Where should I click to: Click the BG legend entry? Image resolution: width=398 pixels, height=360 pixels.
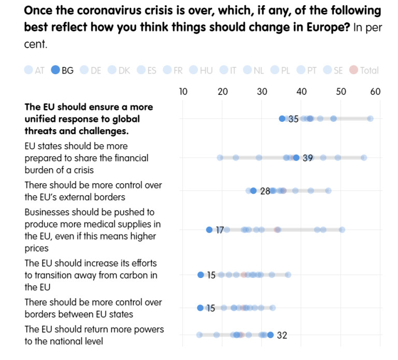coord(62,71)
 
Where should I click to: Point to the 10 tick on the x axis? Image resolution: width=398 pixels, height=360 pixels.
coord(183,92)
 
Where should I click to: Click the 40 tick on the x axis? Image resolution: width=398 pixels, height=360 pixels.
coord(301,92)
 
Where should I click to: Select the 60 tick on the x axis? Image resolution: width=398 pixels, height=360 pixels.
coord(376,92)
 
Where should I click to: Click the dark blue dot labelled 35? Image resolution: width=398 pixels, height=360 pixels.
coord(282,119)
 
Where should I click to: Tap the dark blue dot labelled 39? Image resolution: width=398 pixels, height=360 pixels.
coord(296,158)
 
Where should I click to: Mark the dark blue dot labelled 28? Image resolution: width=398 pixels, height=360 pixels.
coord(253,191)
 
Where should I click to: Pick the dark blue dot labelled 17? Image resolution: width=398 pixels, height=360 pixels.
coord(209,230)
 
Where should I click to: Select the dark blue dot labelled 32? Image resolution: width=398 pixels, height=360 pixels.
coord(271,335)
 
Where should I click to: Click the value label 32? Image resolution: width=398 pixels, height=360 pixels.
coord(282,336)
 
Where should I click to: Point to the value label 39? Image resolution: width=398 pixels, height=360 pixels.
coord(308,158)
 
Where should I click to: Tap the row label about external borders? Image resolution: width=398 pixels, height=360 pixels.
coord(93,191)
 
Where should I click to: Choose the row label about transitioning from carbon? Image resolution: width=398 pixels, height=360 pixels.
coord(91,275)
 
